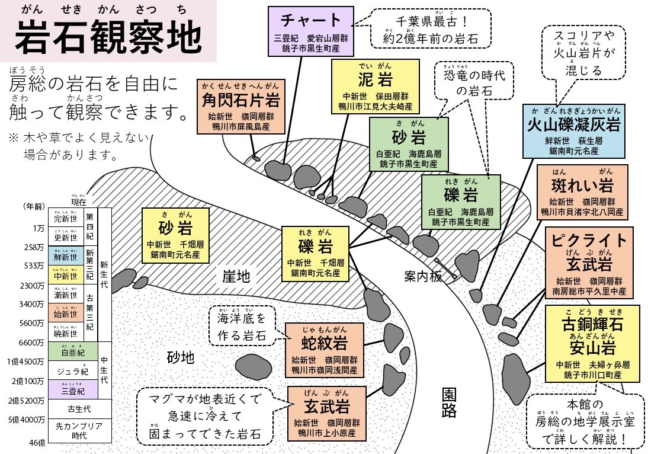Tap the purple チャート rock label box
310,31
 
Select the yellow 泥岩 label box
374,87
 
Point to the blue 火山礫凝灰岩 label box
573,131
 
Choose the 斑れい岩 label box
582,191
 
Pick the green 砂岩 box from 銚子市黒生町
409,144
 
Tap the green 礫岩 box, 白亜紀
461,202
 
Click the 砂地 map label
181,357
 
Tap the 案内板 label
423,276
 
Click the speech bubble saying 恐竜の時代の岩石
473,82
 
